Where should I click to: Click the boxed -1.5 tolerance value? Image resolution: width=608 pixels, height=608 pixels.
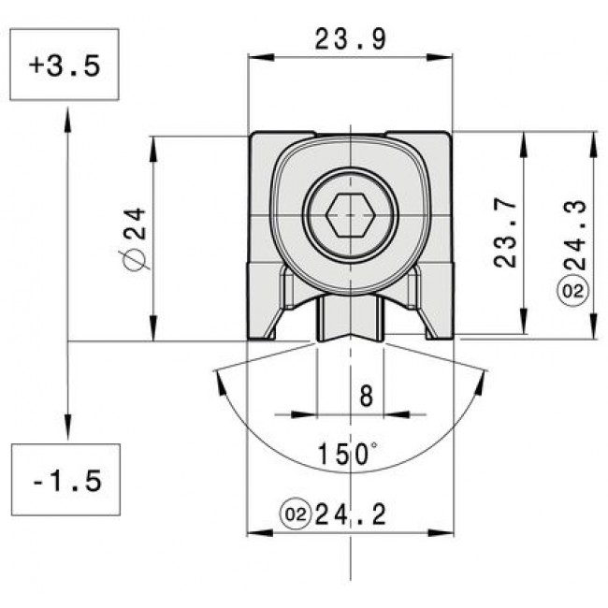point(66,481)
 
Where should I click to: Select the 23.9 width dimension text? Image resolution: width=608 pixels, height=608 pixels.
point(351,38)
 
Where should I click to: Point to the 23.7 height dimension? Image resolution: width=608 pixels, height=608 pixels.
point(506,233)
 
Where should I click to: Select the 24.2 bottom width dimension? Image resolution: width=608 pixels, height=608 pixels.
point(352,514)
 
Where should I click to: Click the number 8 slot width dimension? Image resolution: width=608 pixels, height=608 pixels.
point(366,396)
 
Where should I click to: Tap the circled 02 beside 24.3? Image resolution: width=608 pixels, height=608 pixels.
point(574,292)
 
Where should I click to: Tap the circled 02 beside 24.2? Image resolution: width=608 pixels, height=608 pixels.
point(295,514)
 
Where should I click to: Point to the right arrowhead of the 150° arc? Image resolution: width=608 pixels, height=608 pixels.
point(484,377)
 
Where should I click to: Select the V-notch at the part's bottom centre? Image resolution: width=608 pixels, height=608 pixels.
point(351,338)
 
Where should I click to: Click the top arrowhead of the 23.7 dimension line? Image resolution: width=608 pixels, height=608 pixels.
point(523,138)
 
